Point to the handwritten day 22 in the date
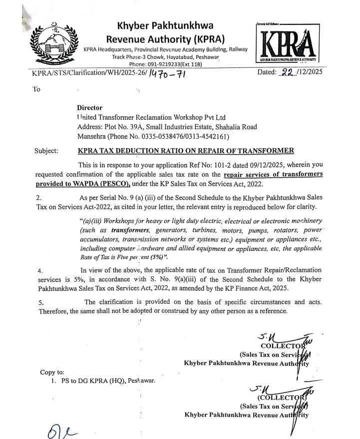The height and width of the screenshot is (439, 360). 286,72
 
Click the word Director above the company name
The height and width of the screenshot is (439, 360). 89,107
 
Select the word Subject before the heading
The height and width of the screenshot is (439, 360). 46,150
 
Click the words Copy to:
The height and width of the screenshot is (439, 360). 51,372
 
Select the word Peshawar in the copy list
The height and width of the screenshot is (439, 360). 141,381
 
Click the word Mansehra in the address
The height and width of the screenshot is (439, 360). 93,136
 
